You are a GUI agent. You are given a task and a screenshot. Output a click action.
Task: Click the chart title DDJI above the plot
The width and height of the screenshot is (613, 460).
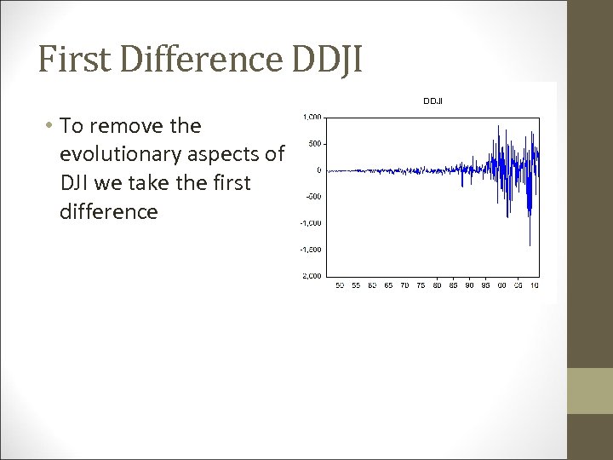coord(433,101)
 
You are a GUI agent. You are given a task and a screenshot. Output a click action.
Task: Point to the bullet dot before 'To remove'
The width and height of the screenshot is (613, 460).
coord(51,126)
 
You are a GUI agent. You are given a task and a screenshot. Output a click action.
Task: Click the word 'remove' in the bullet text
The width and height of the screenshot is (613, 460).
coord(129,126)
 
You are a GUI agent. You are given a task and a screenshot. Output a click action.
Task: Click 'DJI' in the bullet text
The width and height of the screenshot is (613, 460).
coord(76,183)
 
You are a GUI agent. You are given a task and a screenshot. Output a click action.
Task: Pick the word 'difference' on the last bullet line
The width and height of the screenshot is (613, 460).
coord(108,211)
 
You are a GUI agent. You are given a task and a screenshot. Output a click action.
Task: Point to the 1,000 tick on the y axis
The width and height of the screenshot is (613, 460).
coord(312,117)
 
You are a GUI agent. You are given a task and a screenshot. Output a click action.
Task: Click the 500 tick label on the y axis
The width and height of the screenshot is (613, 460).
coord(314,143)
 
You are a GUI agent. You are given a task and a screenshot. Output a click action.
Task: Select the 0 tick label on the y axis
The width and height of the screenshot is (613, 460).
coord(318,170)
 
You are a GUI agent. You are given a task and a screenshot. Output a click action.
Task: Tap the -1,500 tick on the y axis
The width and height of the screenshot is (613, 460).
coord(311,250)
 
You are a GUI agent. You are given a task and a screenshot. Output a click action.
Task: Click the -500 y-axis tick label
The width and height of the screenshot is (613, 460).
coord(313,197)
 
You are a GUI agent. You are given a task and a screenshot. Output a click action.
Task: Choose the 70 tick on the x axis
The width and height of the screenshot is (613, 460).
coord(404,285)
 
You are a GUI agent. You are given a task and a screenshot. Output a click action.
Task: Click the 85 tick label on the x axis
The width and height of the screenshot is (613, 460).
coord(453,285)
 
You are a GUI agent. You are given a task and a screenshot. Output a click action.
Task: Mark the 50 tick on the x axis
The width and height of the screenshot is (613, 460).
coord(340,285)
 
